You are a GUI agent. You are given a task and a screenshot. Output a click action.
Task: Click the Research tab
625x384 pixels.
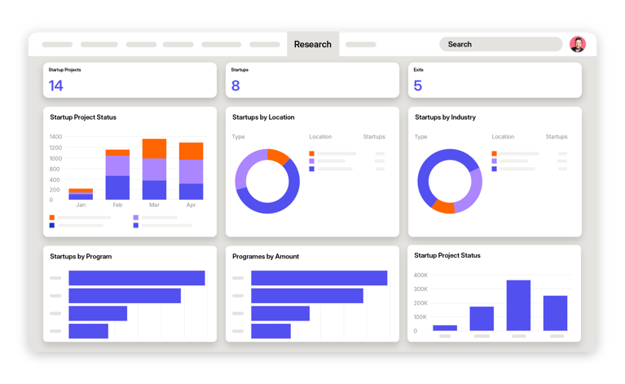point(313,44)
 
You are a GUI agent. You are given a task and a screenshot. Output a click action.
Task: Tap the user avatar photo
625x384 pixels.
point(577,44)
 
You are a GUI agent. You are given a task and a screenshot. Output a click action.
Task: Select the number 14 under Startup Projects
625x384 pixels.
point(55,86)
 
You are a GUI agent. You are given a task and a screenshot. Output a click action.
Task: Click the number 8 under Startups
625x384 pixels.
point(235,86)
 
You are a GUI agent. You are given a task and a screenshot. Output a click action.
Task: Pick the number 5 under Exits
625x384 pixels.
point(418,86)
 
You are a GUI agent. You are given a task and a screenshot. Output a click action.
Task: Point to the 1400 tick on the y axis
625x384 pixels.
point(55,137)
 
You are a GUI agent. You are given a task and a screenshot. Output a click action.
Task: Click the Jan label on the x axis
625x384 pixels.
point(81,205)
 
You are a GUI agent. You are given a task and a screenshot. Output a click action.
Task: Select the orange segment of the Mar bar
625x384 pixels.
point(154,148)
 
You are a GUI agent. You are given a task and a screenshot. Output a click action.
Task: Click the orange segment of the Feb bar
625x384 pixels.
point(117,152)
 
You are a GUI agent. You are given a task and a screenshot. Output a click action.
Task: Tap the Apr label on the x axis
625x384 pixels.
point(191,205)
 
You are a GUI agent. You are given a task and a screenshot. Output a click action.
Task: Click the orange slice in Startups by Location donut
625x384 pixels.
point(279,157)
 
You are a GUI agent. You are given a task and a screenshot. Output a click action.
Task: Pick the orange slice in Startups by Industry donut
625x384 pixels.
point(443,206)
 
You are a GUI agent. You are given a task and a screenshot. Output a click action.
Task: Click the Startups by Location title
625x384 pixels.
point(263,117)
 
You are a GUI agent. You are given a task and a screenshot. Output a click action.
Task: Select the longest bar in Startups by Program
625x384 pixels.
point(136,278)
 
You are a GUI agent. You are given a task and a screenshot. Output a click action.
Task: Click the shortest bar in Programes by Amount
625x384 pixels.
point(271,331)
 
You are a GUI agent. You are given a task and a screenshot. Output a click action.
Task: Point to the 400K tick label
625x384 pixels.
point(420,276)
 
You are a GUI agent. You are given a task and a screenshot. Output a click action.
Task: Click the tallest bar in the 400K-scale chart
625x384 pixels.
point(518,305)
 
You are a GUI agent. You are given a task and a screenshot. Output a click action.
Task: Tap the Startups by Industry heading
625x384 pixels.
point(445,117)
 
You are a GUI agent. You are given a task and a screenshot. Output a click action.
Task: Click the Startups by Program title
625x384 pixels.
point(81,257)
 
